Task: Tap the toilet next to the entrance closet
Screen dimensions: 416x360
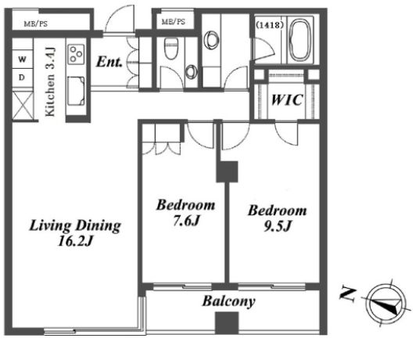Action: [170, 49]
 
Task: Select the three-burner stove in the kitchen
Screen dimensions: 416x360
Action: [77, 55]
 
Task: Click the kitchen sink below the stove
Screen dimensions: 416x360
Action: [76, 91]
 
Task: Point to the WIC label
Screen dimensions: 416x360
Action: [287, 100]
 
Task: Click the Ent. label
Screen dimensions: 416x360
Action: [109, 62]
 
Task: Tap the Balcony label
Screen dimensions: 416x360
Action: [228, 301]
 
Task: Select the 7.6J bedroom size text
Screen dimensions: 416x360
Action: [186, 220]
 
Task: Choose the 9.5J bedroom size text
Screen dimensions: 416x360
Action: [278, 226]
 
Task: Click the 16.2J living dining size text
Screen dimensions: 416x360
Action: [75, 241]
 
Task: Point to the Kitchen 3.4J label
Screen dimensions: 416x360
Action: [50, 81]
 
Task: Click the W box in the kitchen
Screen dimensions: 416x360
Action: [22, 59]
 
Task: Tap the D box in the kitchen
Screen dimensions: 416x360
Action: [22, 77]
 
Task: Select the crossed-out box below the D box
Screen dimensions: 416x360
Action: [23, 106]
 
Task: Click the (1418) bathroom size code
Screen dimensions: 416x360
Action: [270, 25]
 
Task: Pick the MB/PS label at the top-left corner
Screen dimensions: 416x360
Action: [36, 24]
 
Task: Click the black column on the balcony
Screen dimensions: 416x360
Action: [227, 323]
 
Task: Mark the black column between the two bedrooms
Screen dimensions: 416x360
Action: [227, 171]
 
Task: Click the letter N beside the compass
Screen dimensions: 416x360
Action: [348, 294]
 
